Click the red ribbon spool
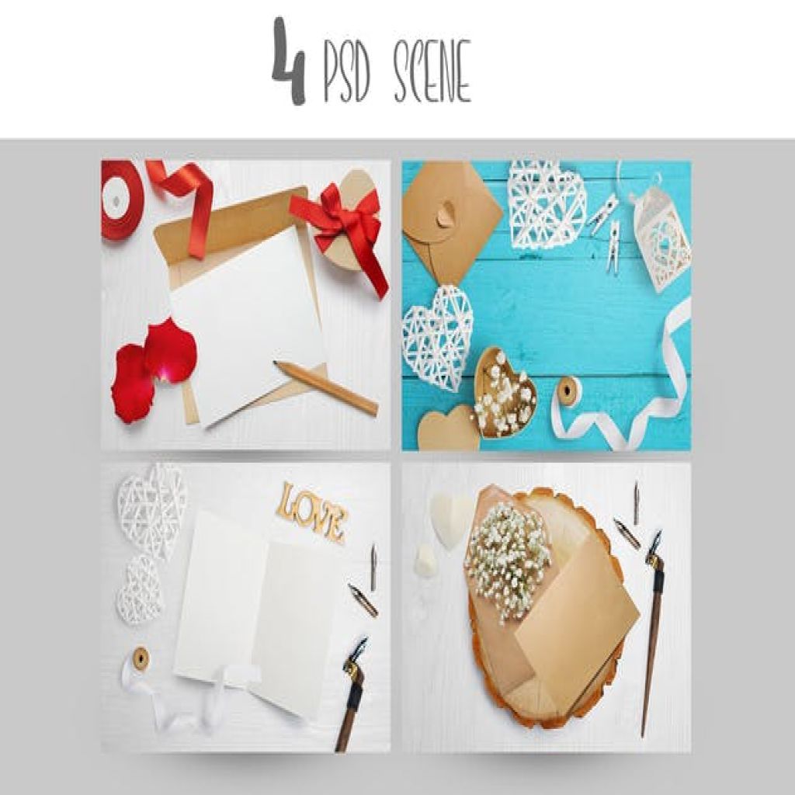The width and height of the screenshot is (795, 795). click(122, 200)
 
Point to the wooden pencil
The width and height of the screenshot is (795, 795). click(325, 387)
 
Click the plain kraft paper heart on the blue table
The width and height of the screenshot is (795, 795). click(449, 428)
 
